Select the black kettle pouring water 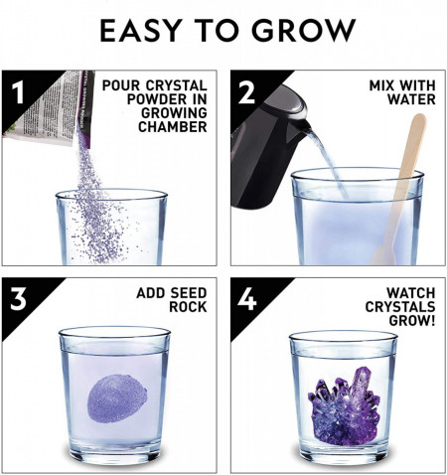click(x=268, y=134)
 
